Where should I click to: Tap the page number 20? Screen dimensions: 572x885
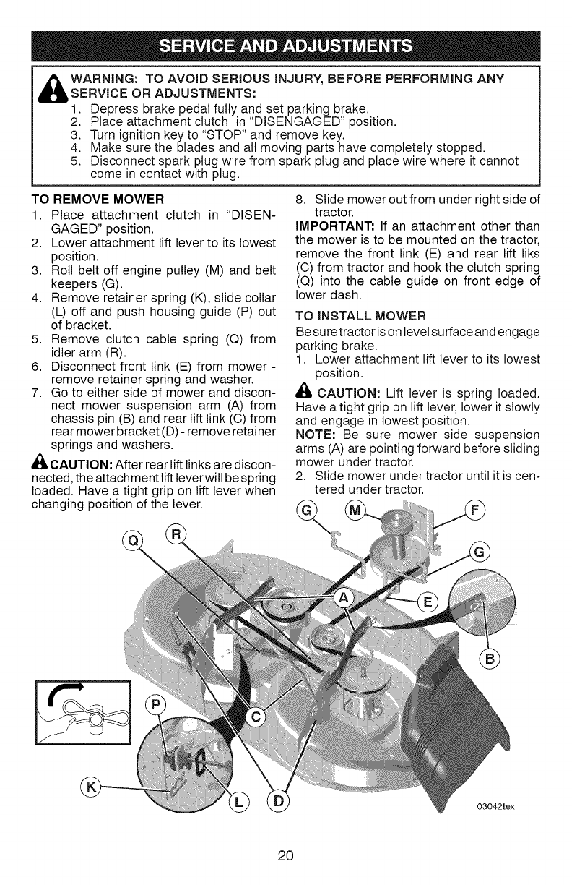click(286, 855)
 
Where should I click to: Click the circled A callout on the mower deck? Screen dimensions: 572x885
click(346, 599)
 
